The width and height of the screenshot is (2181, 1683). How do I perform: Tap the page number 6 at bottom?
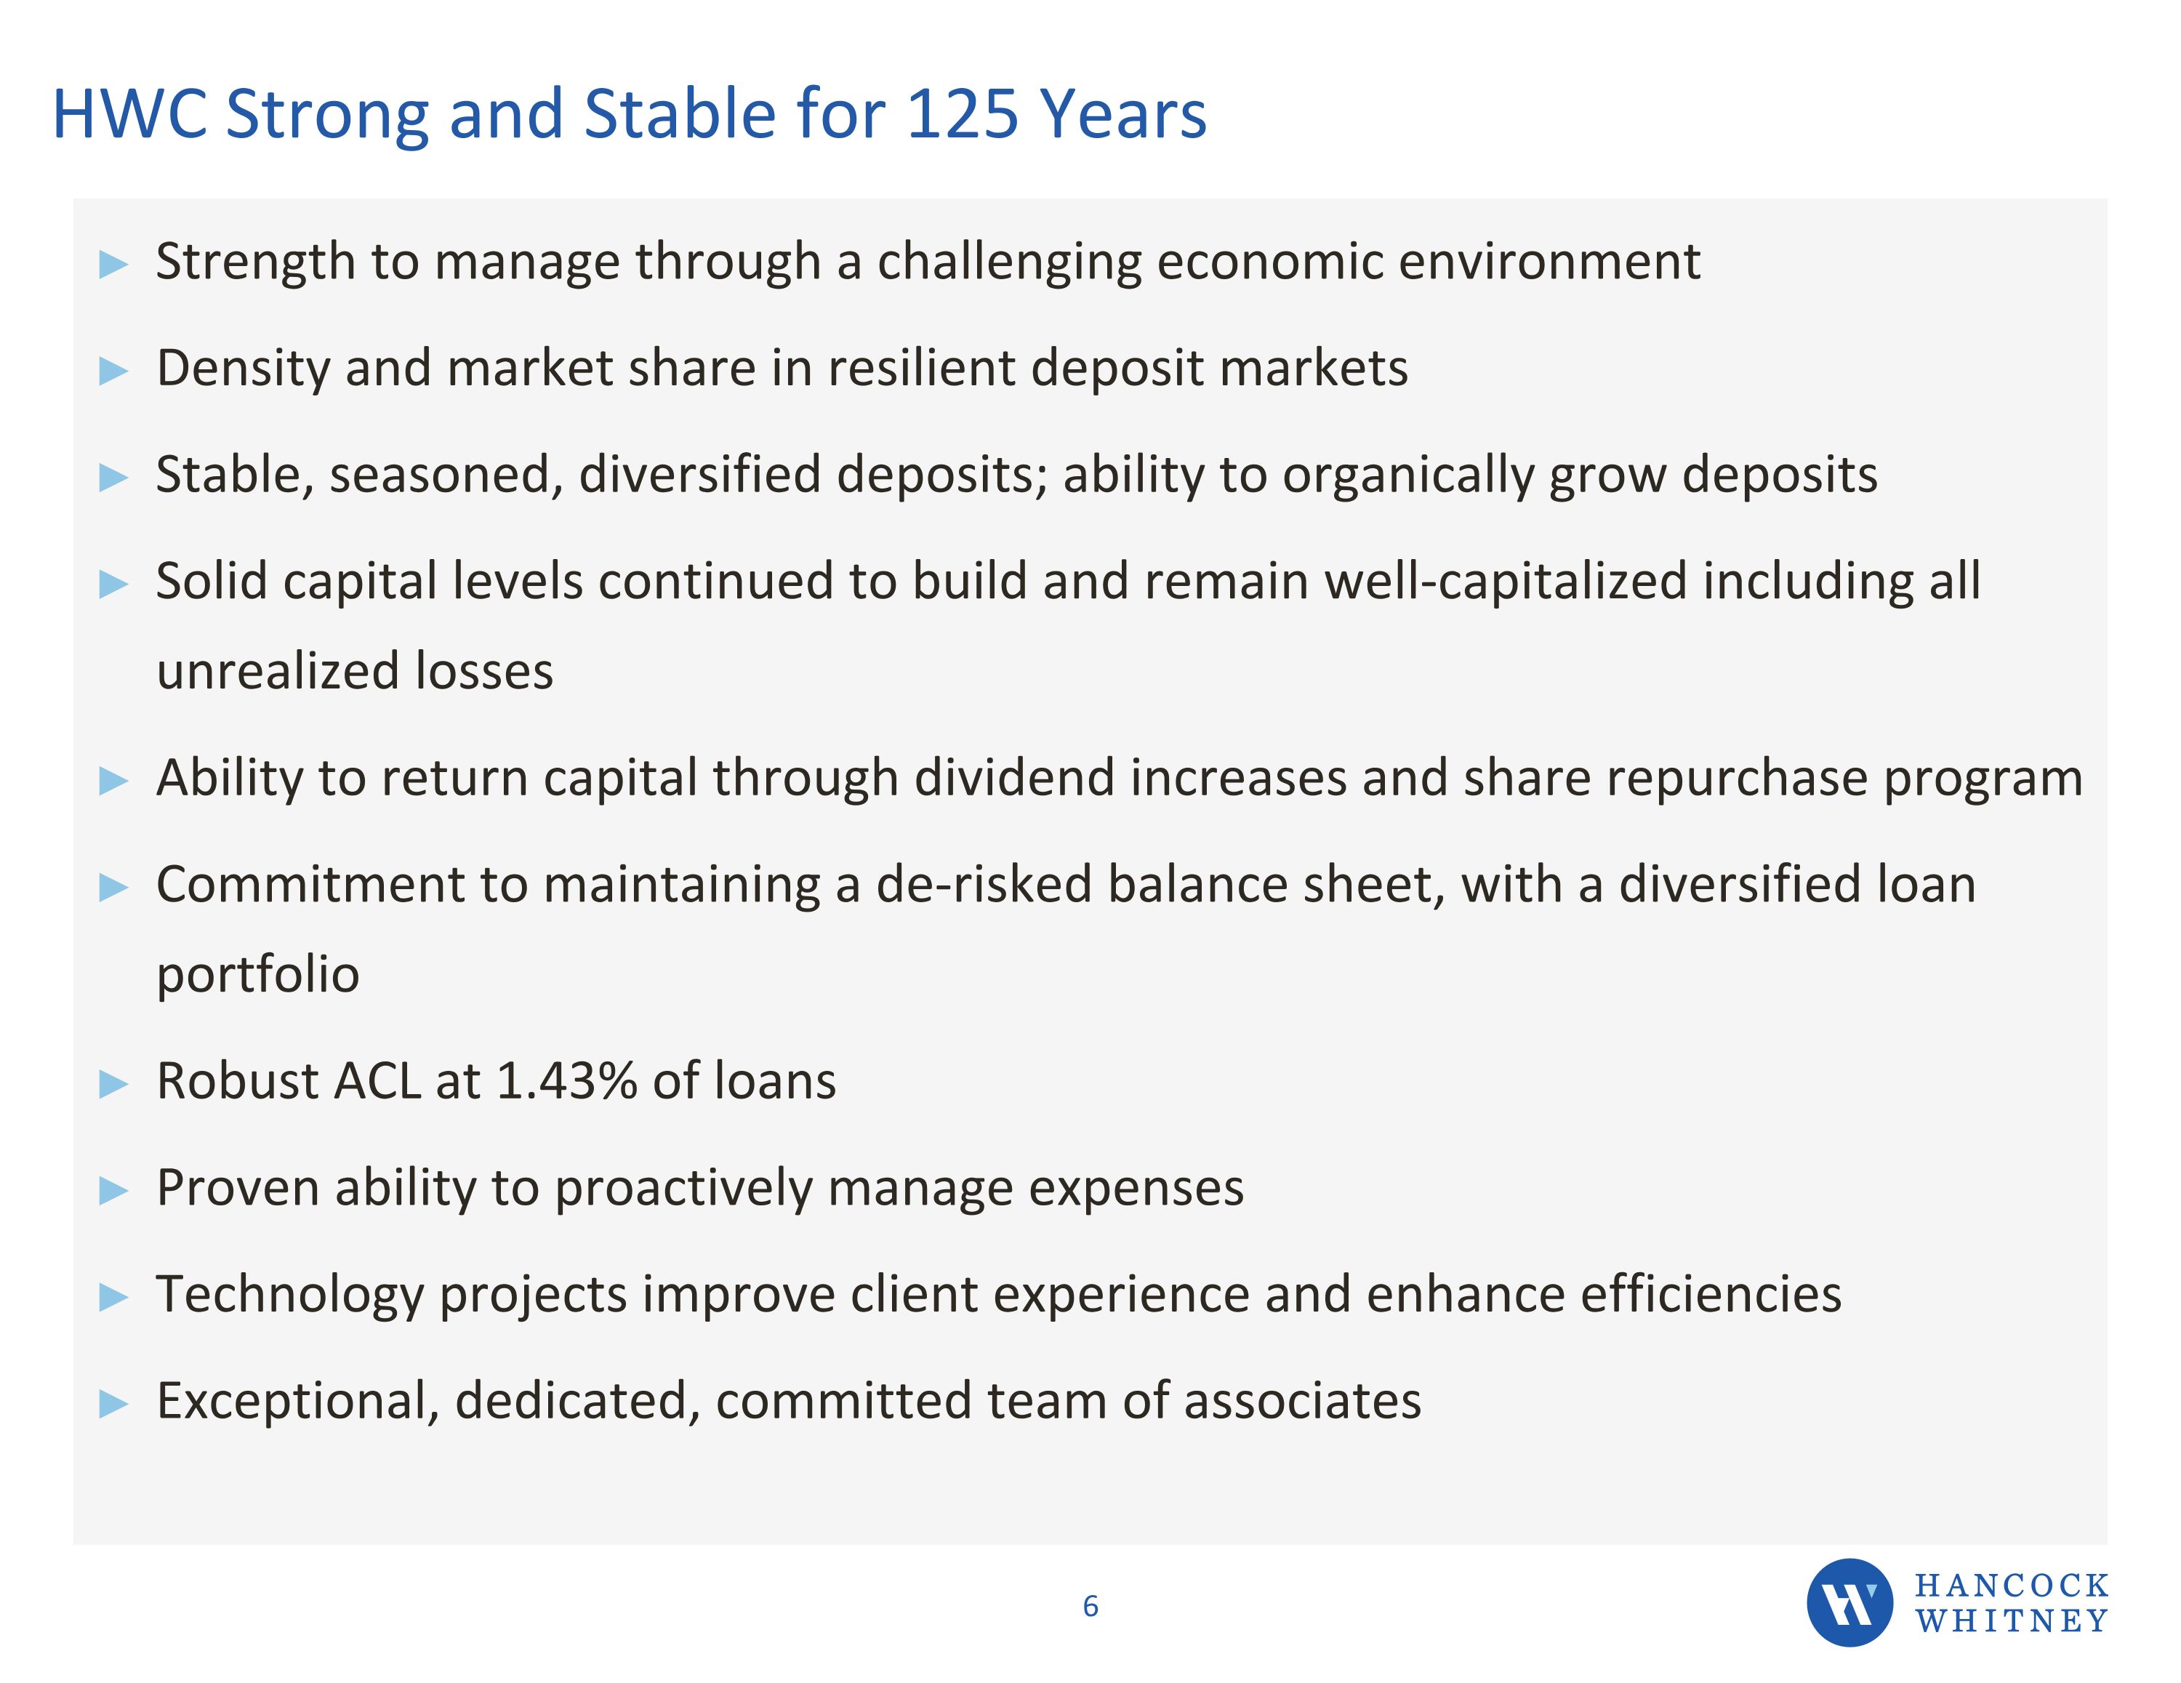tap(1090, 1606)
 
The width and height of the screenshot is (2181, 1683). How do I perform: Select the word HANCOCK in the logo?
tap(2011, 1585)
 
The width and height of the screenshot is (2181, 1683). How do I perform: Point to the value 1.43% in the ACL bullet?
tap(566, 1081)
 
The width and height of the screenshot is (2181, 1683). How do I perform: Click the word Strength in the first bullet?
tap(256, 262)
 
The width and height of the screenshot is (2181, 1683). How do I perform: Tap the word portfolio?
tap(257, 974)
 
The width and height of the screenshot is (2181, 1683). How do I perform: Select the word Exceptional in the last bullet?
tap(297, 1400)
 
